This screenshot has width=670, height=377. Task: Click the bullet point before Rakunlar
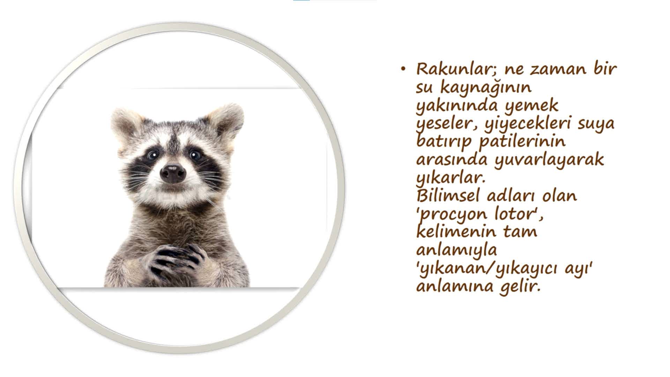point(404,69)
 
